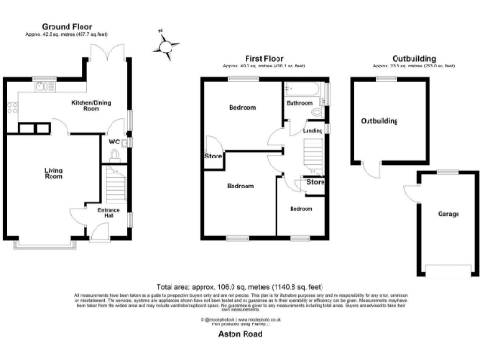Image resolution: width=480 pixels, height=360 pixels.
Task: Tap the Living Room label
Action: [x=52, y=172]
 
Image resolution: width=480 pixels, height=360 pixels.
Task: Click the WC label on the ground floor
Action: [x=113, y=142]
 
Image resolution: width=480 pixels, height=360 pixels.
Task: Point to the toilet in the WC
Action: [x=127, y=142]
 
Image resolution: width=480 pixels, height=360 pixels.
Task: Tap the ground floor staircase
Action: [x=113, y=183]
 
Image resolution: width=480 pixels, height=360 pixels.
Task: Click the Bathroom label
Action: [x=300, y=103]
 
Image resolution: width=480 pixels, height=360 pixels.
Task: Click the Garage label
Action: [x=448, y=214]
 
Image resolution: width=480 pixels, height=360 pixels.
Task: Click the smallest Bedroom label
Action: [x=300, y=208]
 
